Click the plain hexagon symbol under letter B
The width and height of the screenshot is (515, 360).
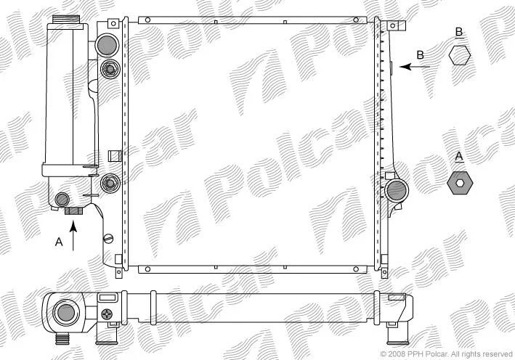(460, 55)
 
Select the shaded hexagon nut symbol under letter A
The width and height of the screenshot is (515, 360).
(460, 183)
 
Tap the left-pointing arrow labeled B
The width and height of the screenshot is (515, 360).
(415, 67)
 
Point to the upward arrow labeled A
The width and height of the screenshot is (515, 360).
(73, 236)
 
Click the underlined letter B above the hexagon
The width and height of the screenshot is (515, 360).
(459, 32)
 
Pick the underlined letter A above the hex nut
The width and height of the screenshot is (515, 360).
(459, 157)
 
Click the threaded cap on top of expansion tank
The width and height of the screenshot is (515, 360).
(66, 20)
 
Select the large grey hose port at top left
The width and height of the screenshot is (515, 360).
(107, 45)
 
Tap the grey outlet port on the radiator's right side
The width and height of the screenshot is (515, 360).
(397, 190)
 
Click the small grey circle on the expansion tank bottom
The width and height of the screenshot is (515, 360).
(62, 199)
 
